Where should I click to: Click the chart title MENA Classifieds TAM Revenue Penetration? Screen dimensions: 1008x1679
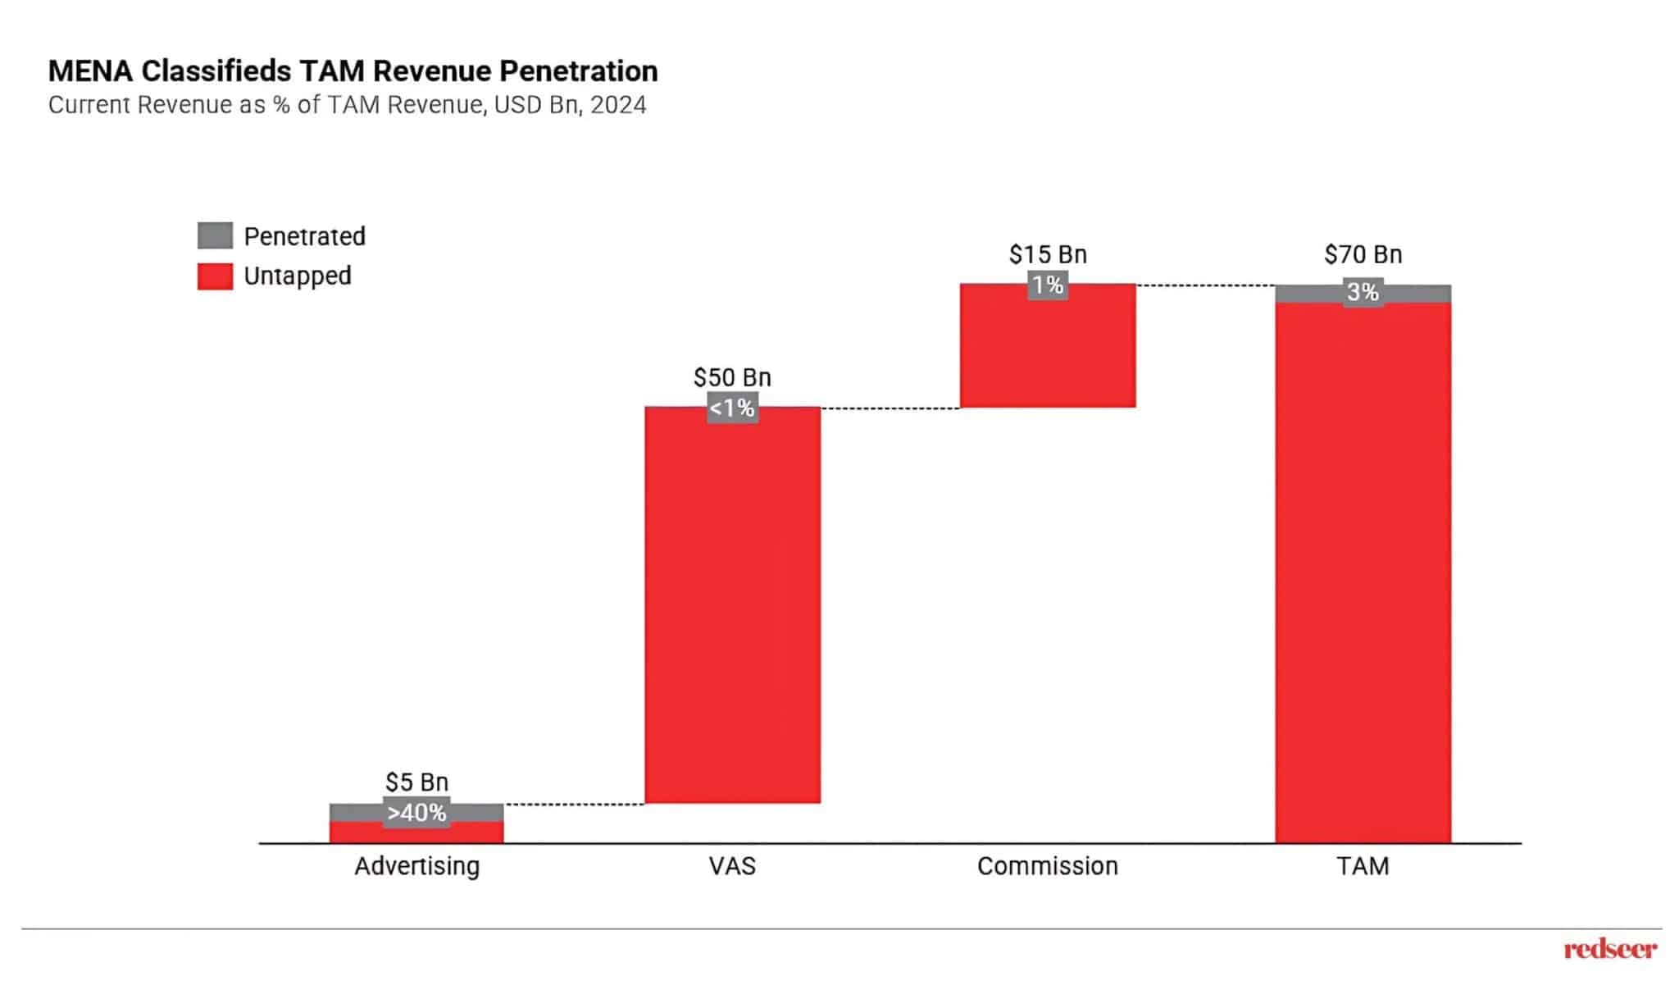click(x=353, y=71)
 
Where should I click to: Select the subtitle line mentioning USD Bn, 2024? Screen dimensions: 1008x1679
click(x=347, y=106)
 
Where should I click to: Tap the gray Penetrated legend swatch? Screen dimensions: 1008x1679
click(x=215, y=235)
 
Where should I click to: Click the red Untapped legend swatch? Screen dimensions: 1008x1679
click(x=215, y=276)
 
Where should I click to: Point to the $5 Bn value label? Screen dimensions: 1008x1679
click(x=416, y=782)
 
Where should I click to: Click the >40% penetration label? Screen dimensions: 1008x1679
click(x=416, y=813)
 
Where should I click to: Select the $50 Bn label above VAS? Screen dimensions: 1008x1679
click(x=732, y=377)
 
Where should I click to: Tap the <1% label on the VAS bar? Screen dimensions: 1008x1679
click(x=732, y=408)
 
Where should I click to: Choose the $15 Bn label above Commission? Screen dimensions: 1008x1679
click(x=1048, y=254)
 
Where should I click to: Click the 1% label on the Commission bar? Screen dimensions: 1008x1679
click(x=1048, y=285)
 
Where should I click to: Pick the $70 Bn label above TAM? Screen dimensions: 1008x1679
click(x=1363, y=254)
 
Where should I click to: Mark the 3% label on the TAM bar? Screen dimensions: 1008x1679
click(x=1363, y=292)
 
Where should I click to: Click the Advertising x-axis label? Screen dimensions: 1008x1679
click(x=416, y=866)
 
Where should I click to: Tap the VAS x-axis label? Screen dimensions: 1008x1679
click(x=732, y=866)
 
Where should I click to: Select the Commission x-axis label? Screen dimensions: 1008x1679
click(x=1048, y=866)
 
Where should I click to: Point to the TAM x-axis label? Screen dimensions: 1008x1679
click(x=1363, y=866)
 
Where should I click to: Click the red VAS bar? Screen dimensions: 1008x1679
click(x=732, y=607)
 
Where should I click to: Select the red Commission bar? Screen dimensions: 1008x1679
click(x=1048, y=353)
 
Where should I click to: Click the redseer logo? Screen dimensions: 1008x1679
click(x=1610, y=950)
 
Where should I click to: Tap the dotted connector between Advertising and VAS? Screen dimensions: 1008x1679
click(x=574, y=805)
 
